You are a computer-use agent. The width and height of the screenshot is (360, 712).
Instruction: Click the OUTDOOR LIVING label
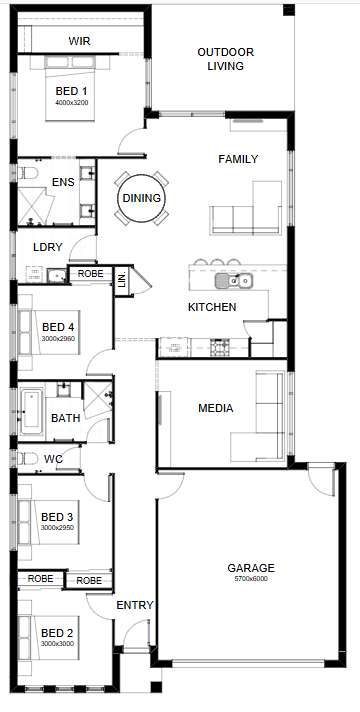point(226,59)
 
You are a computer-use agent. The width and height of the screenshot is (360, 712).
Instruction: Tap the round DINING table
point(142,198)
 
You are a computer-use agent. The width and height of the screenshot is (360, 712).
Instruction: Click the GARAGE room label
point(251,568)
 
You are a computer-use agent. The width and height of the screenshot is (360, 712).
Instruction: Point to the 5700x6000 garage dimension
point(251,579)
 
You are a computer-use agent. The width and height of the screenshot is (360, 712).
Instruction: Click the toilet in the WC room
point(27,459)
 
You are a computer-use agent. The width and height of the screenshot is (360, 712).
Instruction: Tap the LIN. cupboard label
point(122,280)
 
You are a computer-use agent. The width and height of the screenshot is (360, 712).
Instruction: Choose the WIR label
point(79,41)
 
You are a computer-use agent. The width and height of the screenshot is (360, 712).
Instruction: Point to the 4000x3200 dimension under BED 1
point(72,103)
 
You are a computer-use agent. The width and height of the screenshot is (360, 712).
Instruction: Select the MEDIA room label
point(216,408)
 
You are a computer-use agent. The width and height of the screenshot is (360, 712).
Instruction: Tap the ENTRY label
point(135,605)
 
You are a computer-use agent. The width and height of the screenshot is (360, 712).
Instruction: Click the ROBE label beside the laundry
point(90,274)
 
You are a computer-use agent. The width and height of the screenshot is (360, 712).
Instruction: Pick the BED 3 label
point(57,517)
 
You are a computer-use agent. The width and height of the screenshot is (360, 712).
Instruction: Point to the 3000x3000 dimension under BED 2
point(57,644)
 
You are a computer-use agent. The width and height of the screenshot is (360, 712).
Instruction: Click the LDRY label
point(48,247)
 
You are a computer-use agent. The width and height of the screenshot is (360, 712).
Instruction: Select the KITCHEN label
point(212,307)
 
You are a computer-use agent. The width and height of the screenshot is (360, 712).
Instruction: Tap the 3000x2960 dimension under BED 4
point(58,338)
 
